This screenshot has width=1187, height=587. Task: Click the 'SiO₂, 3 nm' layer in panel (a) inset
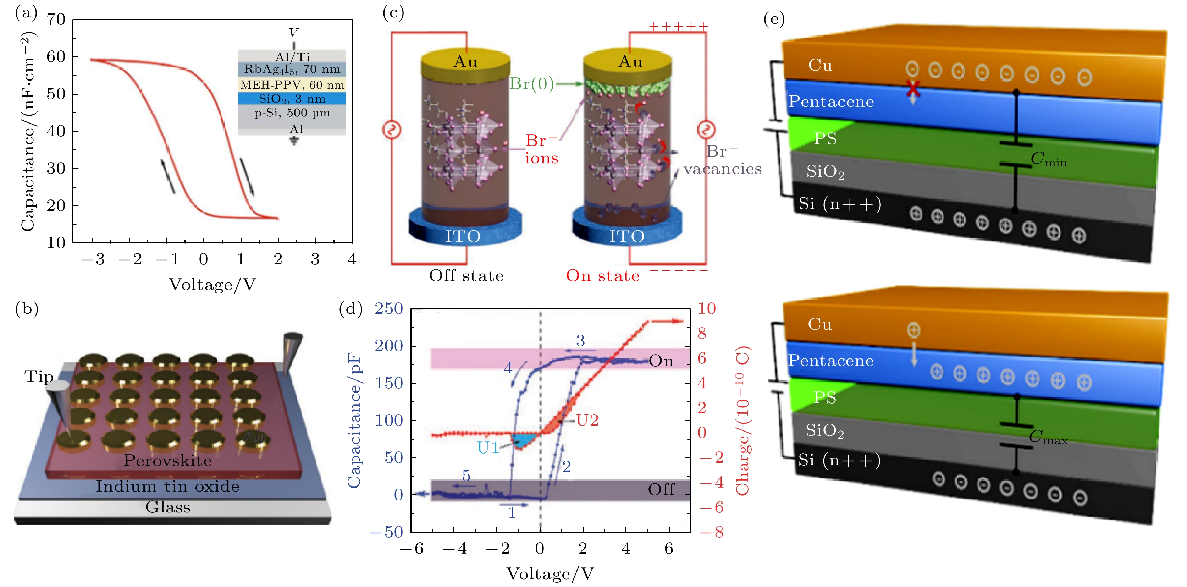point(292,99)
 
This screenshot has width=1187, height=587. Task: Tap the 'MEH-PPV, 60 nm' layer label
point(292,85)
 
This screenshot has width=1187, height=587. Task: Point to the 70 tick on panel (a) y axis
point(56,20)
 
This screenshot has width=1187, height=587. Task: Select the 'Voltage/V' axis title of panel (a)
point(212,285)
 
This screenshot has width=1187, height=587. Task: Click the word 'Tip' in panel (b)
point(39,377)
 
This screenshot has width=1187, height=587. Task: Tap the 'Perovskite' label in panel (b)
point(168,461)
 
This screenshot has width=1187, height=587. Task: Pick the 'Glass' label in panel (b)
point(168,507)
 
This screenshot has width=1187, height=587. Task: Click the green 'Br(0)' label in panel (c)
point(531,84)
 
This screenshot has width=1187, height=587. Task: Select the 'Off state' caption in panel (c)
point(466,276)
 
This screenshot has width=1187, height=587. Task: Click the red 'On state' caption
point(603,276)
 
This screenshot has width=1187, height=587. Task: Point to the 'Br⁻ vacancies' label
point(722,160)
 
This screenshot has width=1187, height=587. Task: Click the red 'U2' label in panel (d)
point(587,420)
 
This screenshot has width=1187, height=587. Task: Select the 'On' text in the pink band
point(661,361)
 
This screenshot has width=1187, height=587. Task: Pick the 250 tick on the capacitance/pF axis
point(389,308)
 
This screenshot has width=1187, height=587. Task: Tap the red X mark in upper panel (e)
point(913,88)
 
